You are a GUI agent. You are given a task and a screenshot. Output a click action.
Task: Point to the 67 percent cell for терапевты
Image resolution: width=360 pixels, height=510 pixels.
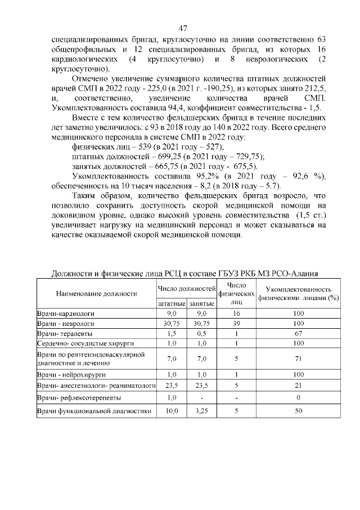point(298,334)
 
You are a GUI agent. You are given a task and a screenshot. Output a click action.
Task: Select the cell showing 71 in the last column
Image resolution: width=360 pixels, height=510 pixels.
point(298,359)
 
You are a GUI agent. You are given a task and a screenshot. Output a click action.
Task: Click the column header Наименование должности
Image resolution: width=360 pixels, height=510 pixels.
point(97,293)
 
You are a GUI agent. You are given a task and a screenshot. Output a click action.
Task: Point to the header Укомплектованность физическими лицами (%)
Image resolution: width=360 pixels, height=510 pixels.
point(298,293)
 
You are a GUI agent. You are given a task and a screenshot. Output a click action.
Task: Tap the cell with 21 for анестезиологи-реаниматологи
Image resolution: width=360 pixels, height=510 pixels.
point(298,386)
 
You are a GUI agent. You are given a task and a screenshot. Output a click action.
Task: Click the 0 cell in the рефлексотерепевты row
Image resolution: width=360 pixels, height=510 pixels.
point(298,398)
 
